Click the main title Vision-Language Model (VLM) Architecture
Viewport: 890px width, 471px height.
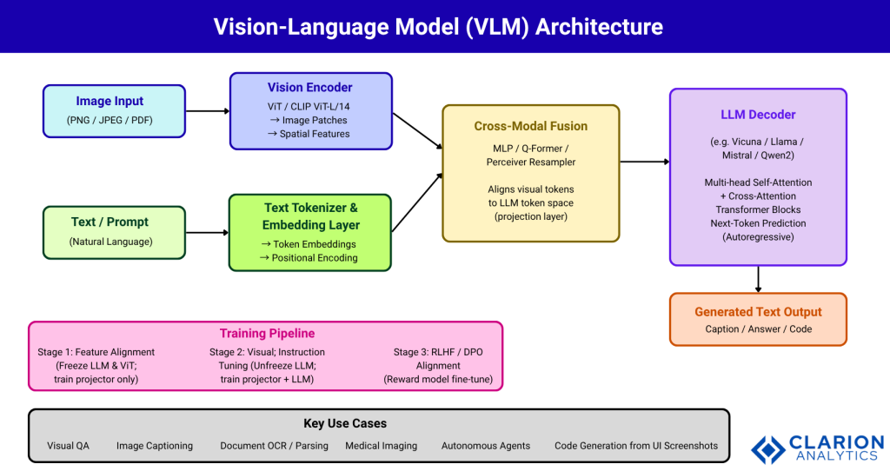438,26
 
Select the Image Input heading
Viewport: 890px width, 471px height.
110,102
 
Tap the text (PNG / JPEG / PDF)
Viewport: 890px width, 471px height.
110,120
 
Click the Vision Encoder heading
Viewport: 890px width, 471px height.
310,88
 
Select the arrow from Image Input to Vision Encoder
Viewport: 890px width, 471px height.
207,111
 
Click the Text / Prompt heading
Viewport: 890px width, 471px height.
110,222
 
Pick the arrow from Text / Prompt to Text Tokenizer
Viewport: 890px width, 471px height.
207,232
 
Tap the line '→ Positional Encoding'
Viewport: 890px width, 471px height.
309,257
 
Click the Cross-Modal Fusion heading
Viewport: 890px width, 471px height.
530,126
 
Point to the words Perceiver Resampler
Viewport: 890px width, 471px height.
530,162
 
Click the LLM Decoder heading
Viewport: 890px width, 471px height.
757,115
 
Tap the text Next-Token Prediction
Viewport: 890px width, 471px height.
758,222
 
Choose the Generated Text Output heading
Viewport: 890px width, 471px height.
758,311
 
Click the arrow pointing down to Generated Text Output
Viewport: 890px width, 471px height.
758,279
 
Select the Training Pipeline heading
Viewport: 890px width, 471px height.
267,333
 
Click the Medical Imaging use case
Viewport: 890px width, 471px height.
381,446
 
